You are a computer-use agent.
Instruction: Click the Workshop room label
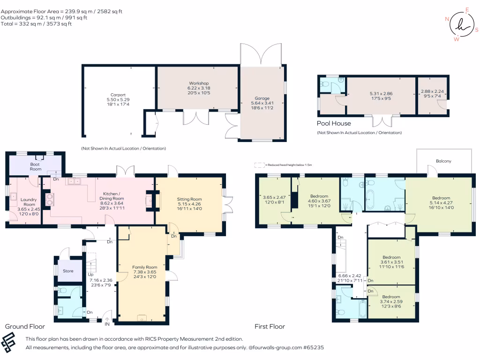click(199, 83)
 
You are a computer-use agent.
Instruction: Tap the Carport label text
click(118, 95)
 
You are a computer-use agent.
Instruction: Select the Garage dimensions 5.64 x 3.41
click(262, 103)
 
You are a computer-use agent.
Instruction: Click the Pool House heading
click(334, 123)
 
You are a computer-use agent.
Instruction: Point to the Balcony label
click(443, 161)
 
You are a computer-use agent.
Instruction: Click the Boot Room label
click(35, 166)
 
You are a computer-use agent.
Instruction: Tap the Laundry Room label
click(29, 202)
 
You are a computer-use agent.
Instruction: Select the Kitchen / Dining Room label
click(112, 196)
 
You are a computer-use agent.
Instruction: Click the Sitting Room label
click(189, 199)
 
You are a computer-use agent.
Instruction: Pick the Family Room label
click(144, 267)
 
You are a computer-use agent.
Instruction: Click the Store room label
click(68, 271)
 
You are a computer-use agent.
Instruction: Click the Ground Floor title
click(25, 326)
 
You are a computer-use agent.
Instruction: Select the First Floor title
click(270, 327)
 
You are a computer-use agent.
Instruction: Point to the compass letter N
click(447, 19)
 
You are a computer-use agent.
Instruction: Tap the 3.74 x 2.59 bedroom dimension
click(391, 301)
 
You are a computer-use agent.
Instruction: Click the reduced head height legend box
click(260, 165)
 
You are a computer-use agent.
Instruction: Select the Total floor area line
click(36, 24)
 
